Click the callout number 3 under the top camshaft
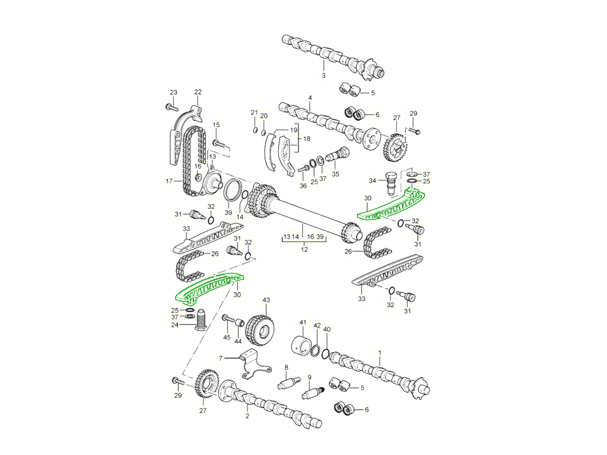click(x=323, y=75)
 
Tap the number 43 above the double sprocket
click(x=266, y=300)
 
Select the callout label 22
click(x=198, y=92)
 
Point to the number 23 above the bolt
click(x=174, y=92)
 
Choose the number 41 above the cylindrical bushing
click(x=303, y=322)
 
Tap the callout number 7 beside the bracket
click(x=221, y=358)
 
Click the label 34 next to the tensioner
click(x=372, y=180)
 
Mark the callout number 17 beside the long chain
click(x=169, y=180)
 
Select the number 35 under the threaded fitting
click(x=335, y=173)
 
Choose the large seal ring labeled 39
click(x=232, y=192)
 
